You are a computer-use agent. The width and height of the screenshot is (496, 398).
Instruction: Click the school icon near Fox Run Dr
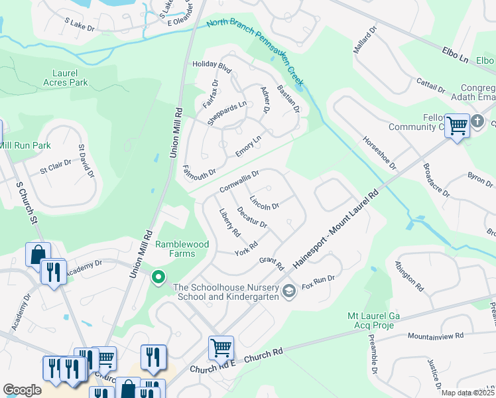point(289,291)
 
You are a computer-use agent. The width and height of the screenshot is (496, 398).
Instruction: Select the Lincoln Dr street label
point(265,202)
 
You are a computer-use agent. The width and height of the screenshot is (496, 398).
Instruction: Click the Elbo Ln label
point(455,55)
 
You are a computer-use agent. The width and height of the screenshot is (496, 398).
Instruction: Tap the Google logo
point(22,390)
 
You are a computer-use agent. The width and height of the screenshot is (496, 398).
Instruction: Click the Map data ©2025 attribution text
point(467,393)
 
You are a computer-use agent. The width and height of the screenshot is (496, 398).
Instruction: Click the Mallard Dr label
point(365,41)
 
